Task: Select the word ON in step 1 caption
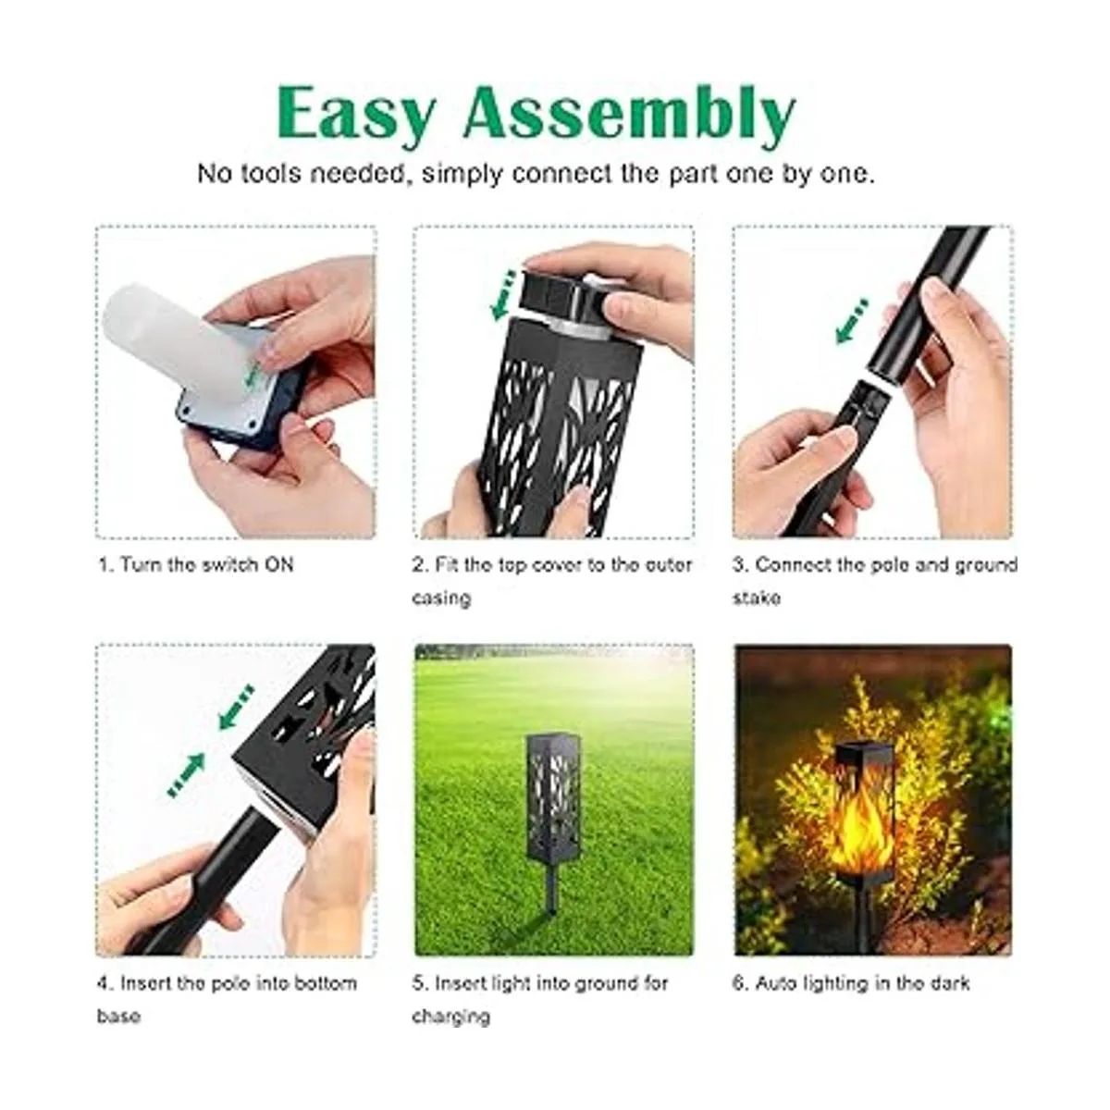(278, 564)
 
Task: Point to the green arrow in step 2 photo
(503, 295)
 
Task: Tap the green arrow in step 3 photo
(852, 321)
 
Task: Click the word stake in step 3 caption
(757, 598)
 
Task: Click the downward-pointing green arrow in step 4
(236, 707)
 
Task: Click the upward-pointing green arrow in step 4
(187, 775)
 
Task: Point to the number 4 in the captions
(103, 982)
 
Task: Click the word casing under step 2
(441, 598)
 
